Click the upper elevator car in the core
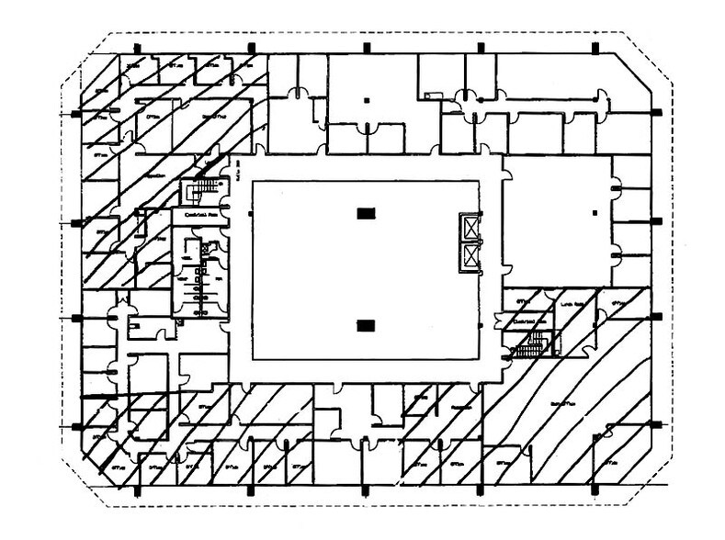pos(471,227)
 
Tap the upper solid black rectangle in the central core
pos(366,214)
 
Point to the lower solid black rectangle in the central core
pos(366,324)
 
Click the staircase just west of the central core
pos(201,191)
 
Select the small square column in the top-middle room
pos(366,98)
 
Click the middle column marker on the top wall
pos(366,47)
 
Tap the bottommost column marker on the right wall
pos(655,424)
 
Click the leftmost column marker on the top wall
pos(137,47)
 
